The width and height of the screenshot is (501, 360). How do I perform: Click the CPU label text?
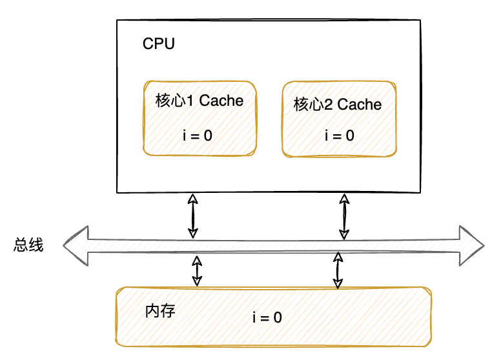tap(158, 45)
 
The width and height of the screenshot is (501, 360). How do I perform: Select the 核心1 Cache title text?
tap(199, 101)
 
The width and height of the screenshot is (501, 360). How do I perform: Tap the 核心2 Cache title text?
tap(338, 105)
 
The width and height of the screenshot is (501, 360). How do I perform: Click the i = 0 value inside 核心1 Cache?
tap(198, 135)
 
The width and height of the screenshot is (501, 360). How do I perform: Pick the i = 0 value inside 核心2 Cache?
tap(339, 135)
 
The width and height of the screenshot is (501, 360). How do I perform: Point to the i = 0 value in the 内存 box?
tap(267, 317)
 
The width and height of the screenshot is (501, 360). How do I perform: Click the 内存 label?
tap(160, 310)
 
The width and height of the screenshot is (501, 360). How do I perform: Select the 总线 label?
tap(28, 245)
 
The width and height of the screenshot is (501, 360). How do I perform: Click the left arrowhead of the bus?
tap(74, 246)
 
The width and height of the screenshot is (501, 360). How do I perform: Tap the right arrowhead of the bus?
tap(471, 246)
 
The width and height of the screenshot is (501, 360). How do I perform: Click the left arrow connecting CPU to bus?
tap(192, 216)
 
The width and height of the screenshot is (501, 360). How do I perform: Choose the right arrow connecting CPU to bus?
tap(344, 216)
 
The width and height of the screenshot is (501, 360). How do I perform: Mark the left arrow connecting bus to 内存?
tap(197, 270)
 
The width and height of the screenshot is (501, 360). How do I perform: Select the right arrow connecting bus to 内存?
tap(336, 270)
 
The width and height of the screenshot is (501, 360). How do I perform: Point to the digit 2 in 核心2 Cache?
tap(329, 105)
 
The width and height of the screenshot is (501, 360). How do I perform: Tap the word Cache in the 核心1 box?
tap(221, 101)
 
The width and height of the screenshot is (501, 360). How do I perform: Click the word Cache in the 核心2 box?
tap(360, 105)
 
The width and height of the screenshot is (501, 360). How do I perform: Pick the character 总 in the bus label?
tap(21, 245)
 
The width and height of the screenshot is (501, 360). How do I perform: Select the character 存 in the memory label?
tap(168, 310)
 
